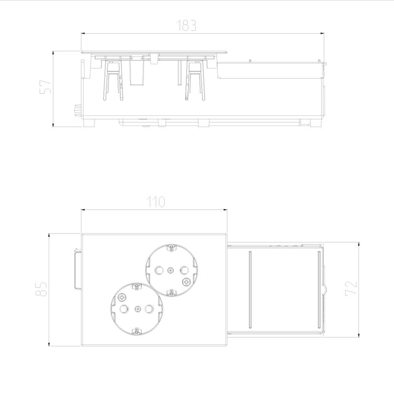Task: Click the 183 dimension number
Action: tap(186, 26)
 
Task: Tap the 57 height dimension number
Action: tap(45, 87)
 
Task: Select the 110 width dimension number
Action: tap(156, 202)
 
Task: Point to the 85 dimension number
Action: tap(41, 289)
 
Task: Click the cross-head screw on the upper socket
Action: tap(186, 282)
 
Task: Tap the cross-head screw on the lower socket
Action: tap(122, 297)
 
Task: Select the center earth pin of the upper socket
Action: tap(170, 270)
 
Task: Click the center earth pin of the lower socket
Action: tap(137, 309)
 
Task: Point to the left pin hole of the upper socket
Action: tap(159, 270)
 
